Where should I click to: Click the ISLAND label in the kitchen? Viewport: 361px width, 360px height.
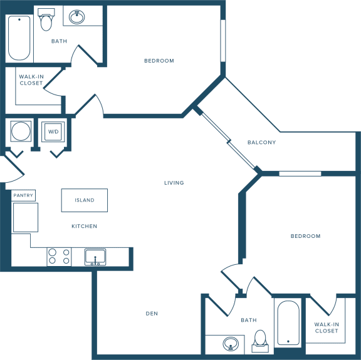[85, 200]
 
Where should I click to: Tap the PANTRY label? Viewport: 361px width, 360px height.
[23, 195]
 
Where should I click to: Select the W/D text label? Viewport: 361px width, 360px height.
[53, 131]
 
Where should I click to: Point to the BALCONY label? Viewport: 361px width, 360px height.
[261, 142]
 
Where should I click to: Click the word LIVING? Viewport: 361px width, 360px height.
[174, 183]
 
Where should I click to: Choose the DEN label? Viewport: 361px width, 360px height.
[152, 314]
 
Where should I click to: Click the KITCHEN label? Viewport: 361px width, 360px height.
[84, 227]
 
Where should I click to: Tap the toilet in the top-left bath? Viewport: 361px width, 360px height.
[46, 19]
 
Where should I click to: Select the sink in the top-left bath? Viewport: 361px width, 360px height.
[77, 17]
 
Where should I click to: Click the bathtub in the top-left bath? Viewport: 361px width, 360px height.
[19, 38]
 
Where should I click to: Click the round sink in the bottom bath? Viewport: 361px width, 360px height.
[231, 344]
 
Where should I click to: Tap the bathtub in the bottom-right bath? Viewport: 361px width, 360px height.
[288, 322]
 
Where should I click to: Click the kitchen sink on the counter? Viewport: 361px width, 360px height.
[95, 257]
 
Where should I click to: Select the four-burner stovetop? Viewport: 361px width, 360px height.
[59, 257]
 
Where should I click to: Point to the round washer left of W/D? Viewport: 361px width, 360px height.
[21, 131]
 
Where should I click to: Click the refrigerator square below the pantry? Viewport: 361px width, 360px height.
[26, 217]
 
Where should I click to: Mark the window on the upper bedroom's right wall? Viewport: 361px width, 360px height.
[223, 41]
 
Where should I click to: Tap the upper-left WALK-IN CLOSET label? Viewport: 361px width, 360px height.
[31, 80]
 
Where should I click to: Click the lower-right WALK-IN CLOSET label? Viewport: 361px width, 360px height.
[327, 327]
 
